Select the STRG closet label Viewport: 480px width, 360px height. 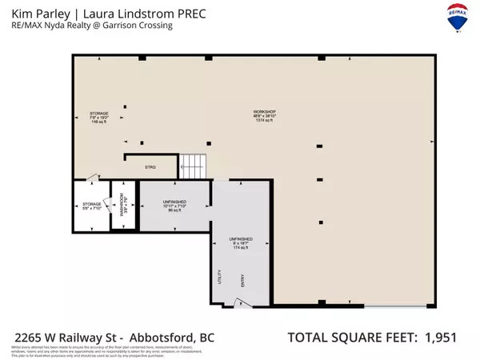click(149, 167)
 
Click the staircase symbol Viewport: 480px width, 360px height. click(193, 166)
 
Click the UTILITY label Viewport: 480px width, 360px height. click(219, 276)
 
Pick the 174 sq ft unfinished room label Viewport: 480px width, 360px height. click(240, 243)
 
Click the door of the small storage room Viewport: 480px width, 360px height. click(93, 178)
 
